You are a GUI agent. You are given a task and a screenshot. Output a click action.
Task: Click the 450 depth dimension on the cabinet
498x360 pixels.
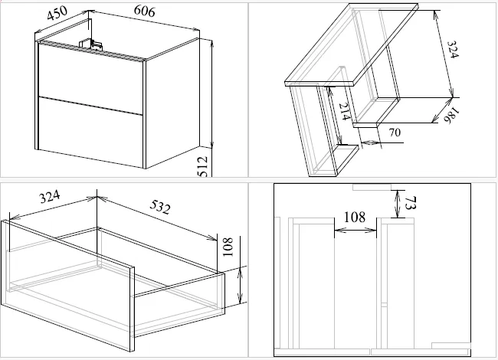pyautogui.click(x=57, y=13)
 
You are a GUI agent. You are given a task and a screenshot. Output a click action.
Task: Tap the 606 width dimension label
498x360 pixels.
pyautogui.click(x=145, y=11)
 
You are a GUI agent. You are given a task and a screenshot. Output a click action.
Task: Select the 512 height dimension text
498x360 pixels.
pyautogui.click(x=202, y=166)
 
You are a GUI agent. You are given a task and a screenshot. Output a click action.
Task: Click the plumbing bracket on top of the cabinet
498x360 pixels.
pyautogui.click(x=91, y=44)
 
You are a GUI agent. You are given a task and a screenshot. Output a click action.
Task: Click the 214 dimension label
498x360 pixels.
pyautogui.click(x=345, y=111)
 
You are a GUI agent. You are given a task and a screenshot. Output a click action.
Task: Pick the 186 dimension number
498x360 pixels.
pyautogui.click(x=452, y=115)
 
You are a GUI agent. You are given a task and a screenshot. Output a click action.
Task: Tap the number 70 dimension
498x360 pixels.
pyautogui.click(x=395, y=133)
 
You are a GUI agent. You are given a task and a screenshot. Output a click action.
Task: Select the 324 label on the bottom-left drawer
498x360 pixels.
pyautogui.click(x=50, y=197)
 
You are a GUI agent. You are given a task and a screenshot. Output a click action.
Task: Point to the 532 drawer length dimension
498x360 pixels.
pyautogui.click(x=160, y=207)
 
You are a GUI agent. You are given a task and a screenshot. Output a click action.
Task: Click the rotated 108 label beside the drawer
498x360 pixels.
pyautogui.click(x=228, y=247)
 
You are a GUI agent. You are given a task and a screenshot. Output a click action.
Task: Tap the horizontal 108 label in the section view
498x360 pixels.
pyautogui.click(x=355, y=217)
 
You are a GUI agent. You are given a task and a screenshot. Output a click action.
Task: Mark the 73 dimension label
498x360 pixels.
pyautogui.click(x=410, y=204)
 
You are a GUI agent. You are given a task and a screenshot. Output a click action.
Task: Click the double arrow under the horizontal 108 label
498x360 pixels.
pyautogui.click(x=355, y=230)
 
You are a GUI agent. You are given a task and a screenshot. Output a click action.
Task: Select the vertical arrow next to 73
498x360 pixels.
pyautogui.click(x=397, y=204)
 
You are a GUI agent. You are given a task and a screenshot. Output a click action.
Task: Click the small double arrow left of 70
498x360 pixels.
pyautogui.click(x=371, y=142)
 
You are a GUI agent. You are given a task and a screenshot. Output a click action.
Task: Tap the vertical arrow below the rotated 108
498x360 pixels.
pyautogui.click(x=241, y=285)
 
